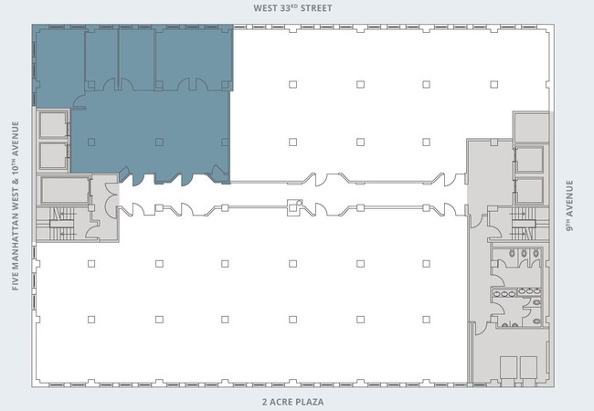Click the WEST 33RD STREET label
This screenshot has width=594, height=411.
point(292,8)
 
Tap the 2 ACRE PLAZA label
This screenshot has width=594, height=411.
point(292,402)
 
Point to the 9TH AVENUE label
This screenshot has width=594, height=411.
point(569,205)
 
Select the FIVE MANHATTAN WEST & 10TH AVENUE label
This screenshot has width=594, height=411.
point(16,205)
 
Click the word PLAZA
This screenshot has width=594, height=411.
point(310,402)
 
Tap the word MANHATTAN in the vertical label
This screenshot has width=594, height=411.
point(16,237)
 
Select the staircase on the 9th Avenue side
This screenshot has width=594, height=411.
point(524,224)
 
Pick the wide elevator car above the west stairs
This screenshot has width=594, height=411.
point(65,190)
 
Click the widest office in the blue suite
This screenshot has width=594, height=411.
point(193,58)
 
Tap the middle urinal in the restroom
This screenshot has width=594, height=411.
point(524,253)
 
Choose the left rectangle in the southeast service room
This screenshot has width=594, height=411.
point(508,367)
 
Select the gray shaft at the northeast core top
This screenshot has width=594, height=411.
point(531,127)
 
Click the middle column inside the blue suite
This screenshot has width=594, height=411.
point(159,142)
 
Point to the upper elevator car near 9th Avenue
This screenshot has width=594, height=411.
point(529,159)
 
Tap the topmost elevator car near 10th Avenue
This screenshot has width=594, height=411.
point(53,124)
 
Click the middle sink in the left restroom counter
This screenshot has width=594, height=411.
point(504,294)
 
